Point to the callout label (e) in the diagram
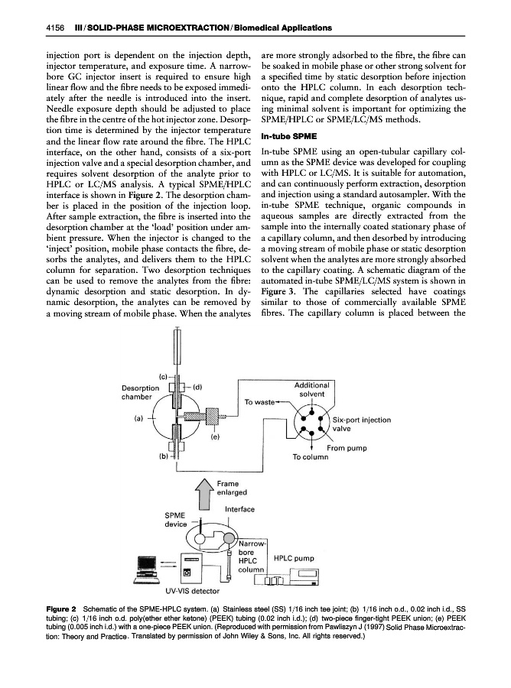click(x=216, y=437)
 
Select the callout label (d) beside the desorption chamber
click(x=197, y=386)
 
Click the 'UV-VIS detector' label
click(x=192, y=590)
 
